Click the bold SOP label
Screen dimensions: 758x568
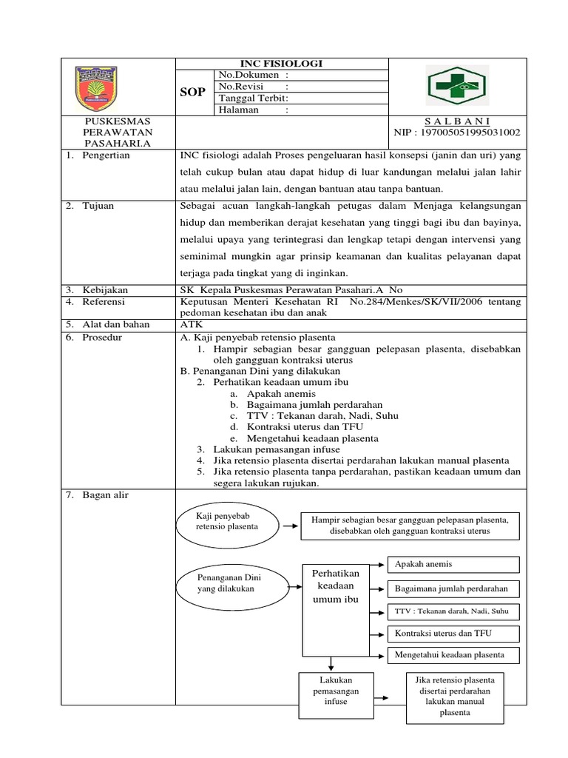coord(192,91)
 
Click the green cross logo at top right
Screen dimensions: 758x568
coord(457,86)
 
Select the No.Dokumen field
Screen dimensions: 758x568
coord(300,75)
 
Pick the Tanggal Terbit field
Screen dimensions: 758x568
coord(300,98)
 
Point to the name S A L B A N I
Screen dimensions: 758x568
coord(458,121)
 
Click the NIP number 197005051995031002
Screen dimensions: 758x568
coord(458,133)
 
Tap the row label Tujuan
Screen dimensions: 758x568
coord(99,206)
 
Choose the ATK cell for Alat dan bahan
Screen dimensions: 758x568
coord(191,324)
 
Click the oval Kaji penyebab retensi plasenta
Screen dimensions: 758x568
coord(227,520)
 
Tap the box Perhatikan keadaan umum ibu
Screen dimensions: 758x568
coord(336,586)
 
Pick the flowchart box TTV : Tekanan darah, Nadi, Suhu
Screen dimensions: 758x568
coord(453,612)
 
